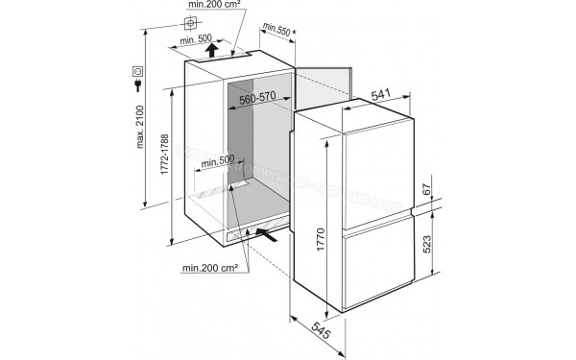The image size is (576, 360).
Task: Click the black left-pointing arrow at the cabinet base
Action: pos(271,233)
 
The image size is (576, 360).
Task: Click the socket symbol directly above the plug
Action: pos(140,69)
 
